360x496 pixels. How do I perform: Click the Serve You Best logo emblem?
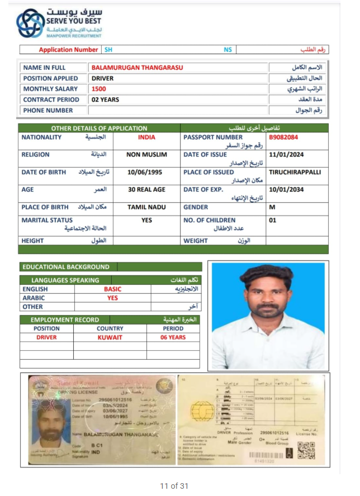pos(30,23)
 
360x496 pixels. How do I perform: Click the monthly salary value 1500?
pos(99,89)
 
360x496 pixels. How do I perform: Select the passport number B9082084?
pos(283,137)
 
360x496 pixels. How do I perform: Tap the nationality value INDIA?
pos(146,137)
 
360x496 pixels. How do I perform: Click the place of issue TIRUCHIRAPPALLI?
pos(295,172)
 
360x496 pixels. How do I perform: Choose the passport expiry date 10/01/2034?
pos(287,189)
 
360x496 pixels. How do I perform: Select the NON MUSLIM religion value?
pos(146,155)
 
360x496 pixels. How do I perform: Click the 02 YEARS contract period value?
pos(105,99)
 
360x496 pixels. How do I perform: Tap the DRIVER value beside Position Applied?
pos(102,79)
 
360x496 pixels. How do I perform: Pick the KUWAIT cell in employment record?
pos(110,337)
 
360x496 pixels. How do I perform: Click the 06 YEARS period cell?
pos(173,337)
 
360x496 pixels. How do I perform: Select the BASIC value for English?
pos(112,289)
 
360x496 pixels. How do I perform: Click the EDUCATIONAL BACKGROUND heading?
pos(66,267)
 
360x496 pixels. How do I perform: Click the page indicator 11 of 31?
pos(174,486)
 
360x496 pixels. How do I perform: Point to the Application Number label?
pos(68,50)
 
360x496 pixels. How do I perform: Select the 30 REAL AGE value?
pos(146,189)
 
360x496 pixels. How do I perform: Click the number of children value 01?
pos(273,220)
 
